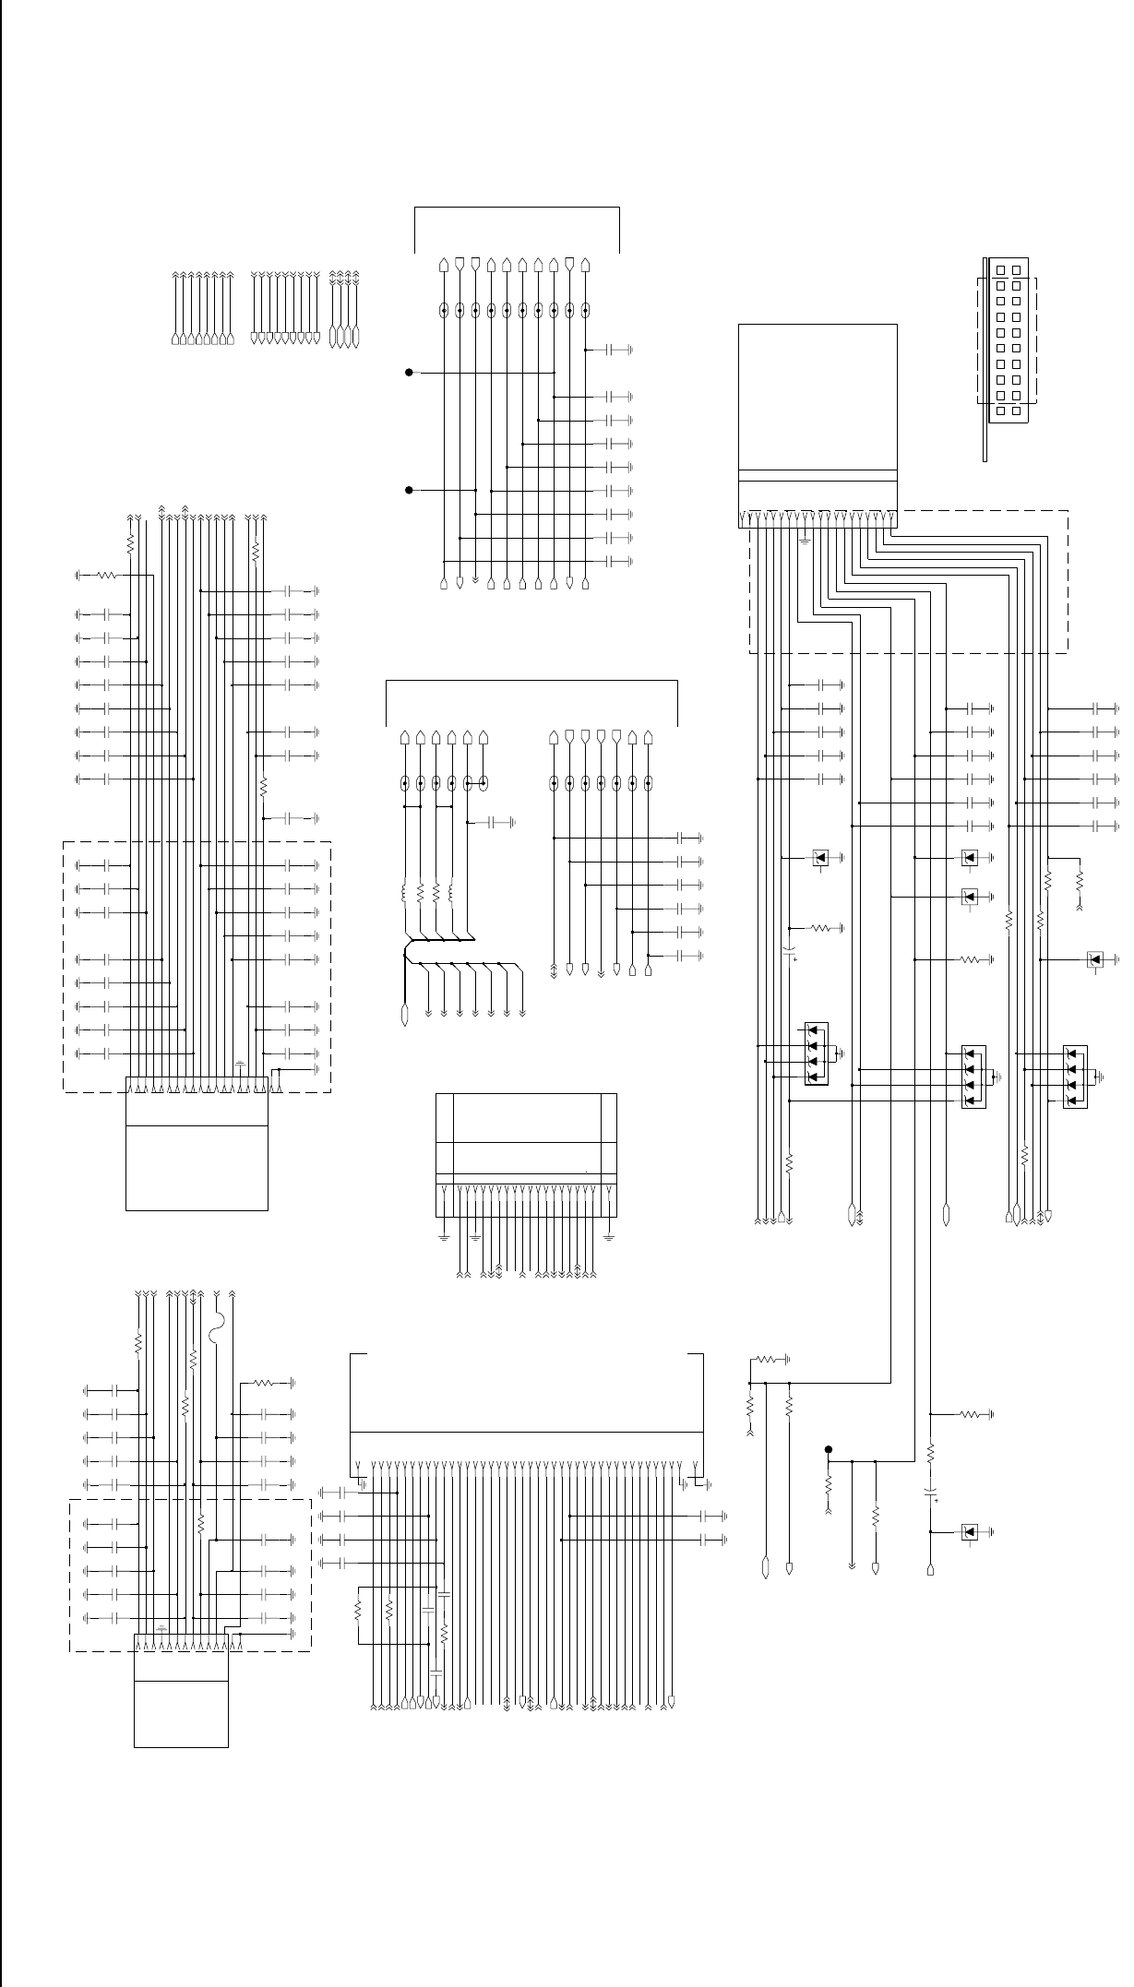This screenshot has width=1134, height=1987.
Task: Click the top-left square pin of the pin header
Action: pyautogui.click(x=1000, y=270)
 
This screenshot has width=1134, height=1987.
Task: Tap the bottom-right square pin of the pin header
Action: pyautogui.click(x=1016, y=410)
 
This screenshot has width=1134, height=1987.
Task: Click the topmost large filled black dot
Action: pyautogui.click(x=408, y=373)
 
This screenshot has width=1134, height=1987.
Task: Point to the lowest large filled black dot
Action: pyautogui.click(x=829, y=1450)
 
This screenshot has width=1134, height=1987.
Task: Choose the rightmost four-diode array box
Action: pyautogui.click(x=1075, y=1077)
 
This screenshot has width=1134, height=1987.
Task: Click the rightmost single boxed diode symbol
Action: pyautogui.click(x=1095, y=959)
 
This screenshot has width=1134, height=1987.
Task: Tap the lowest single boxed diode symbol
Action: pyautogui.click(x=969, y=1532)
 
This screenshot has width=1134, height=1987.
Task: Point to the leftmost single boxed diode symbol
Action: pyautogui.click(x=819, y=858)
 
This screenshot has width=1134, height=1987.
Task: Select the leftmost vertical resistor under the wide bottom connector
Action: pyautogui.click(x=359, y=1610)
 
